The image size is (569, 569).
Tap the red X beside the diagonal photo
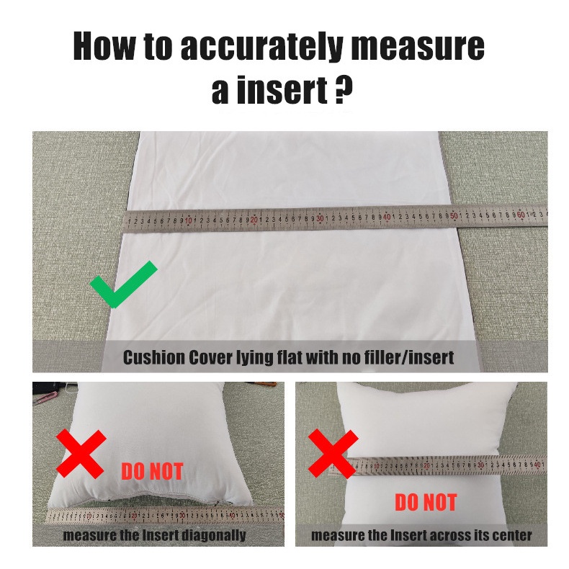click(81, 453)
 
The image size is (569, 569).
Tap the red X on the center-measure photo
click(333, 454)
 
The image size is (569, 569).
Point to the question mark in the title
click(342, 89)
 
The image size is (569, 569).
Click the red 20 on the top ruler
click(254, 219)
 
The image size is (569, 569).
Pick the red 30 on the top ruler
click(320, 218)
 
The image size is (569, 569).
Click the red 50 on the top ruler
click(454, 216)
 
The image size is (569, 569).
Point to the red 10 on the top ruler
click(188, 220)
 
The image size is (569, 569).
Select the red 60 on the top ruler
click(521, 215)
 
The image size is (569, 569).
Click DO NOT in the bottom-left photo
click(152, 471)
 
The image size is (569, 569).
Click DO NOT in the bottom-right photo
click(426, 502)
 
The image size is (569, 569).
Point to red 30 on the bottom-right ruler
click(480, 465)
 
